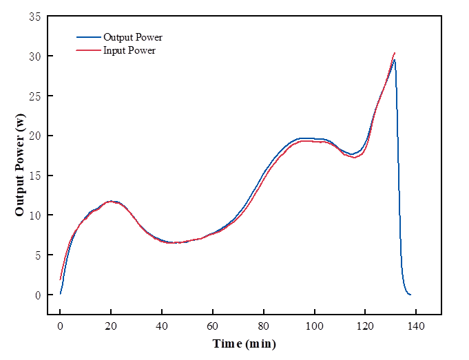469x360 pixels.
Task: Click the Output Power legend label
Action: click(133, 37)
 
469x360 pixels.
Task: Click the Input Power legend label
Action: click(129, 50)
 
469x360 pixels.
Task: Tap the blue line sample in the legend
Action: click(88, 37)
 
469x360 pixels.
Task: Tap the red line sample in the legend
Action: click(88, 50)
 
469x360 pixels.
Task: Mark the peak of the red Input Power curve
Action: click(394, 53)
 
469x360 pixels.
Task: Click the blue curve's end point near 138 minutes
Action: click(410, 295)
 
